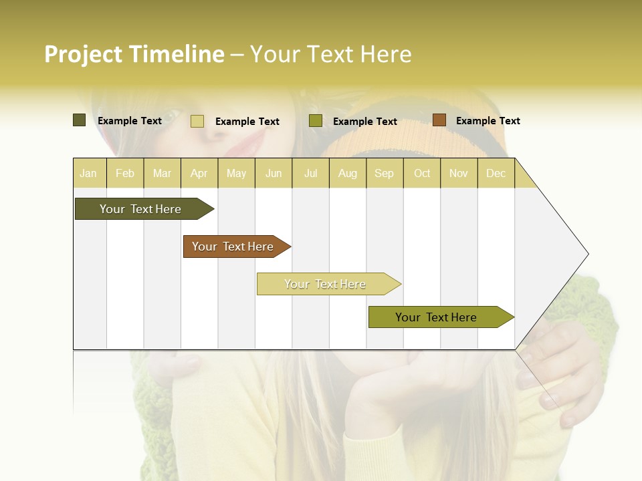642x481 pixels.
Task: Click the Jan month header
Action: tap(88, 173)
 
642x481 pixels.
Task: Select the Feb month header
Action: tap(125, 173)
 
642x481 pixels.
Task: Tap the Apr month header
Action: tap(199, 173)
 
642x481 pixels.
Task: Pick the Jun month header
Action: tap(274, 173)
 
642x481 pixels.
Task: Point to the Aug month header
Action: tap(347, 173)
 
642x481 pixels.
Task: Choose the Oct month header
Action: tap(422, 173)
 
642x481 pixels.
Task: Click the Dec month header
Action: tap(496, 173)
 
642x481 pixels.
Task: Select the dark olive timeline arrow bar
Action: tap(141, 209)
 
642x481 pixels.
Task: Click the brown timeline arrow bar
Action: tap(233, 247)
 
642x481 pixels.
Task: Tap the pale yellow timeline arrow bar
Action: tap(326, 284)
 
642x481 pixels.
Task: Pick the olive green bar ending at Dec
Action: tap(437, 317)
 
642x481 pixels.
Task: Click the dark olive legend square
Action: tap(79, 120)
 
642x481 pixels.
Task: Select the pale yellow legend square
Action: tap(197, 121)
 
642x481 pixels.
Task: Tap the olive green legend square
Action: tap(315, 121)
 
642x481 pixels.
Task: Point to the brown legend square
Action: tap(439, 120)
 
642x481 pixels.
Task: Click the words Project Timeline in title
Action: tap(134, 54)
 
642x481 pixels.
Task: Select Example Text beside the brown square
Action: tap(488, 121)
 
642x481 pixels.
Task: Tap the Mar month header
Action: tap(162, 173)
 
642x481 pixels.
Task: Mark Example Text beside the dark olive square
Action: tap(130, 121)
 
